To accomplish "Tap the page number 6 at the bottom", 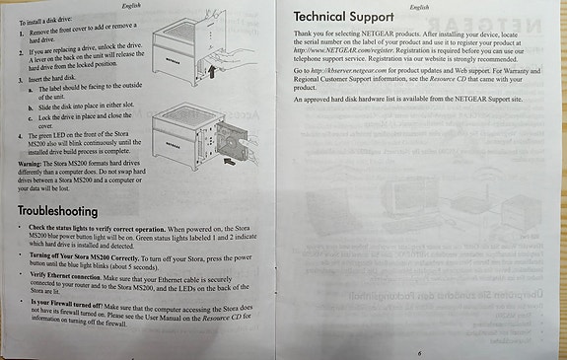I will tap(418, 351).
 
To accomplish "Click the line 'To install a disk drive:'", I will tap(49, 19).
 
